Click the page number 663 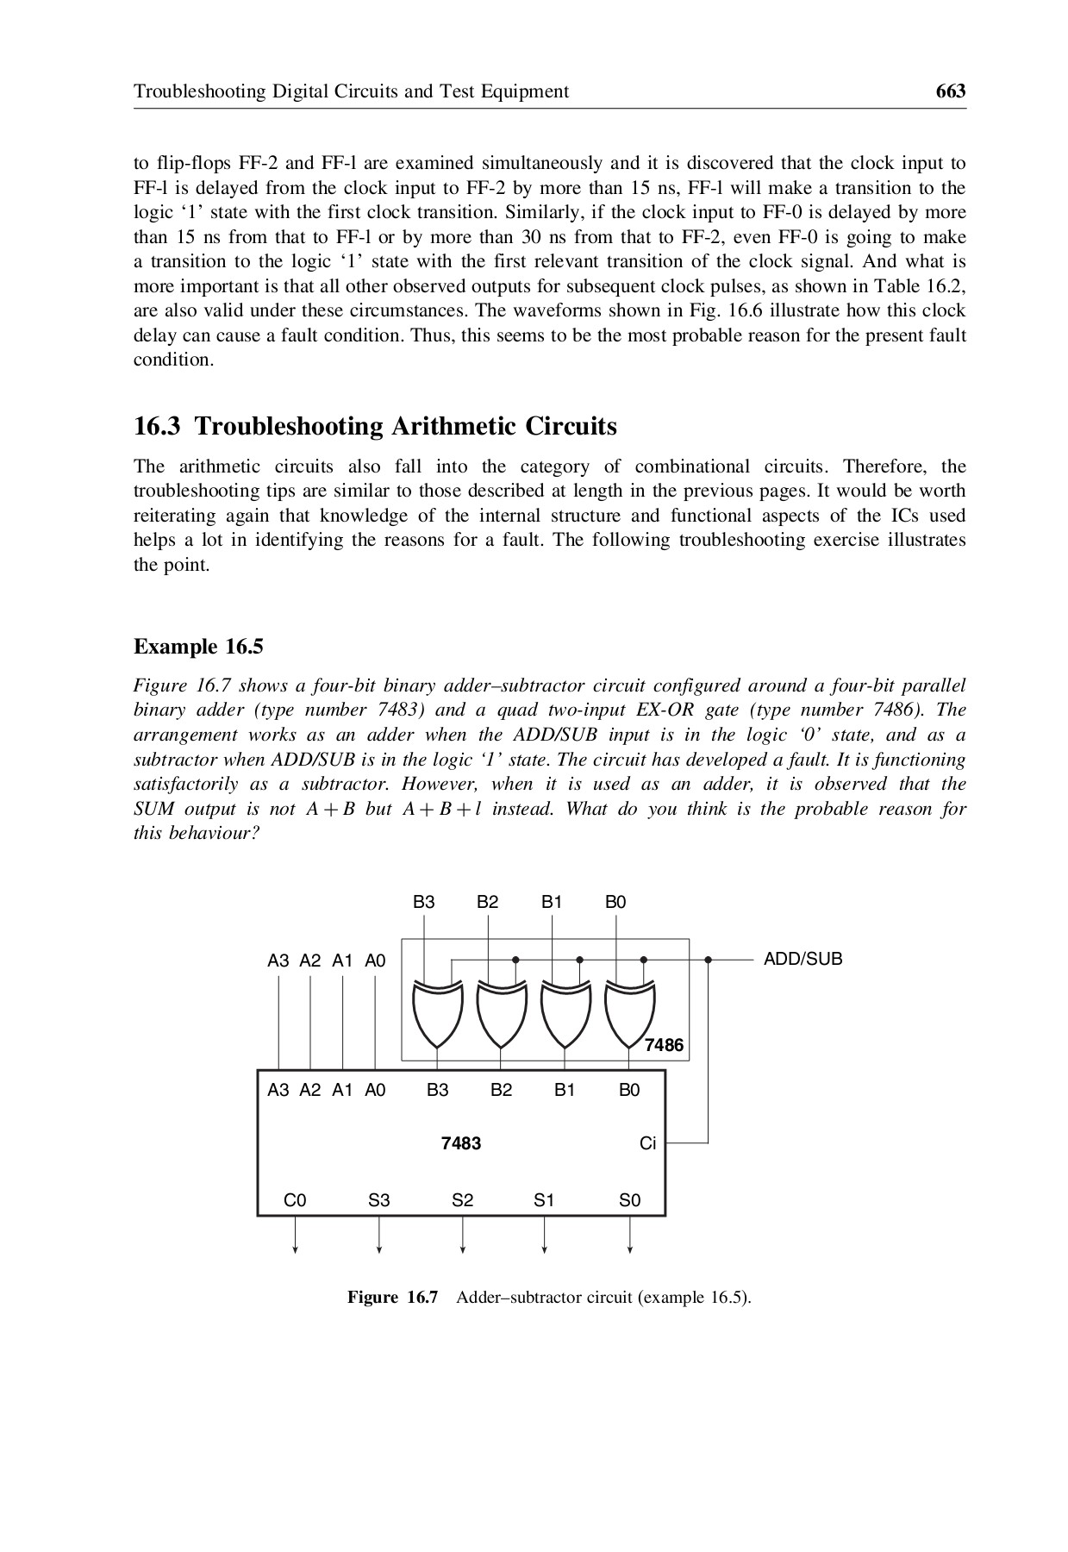(x=950, y=91)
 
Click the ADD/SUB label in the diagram (x=803, y=959)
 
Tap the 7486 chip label (x=664, y=1045)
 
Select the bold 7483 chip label (x=461, y=1143)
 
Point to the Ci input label (x=647, y=1143)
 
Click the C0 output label (x=295, y=1200)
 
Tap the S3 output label (x=379, y=1200)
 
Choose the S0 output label (x=629, y=1200)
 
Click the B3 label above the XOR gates (x=424, y=903)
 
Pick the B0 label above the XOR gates (x=615, y=903)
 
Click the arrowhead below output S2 (x=463, y=1249)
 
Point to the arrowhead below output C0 (x=295, y=1249)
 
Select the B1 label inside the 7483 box (x=565, y=1090)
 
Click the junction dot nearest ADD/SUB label (x=708, y=959)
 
